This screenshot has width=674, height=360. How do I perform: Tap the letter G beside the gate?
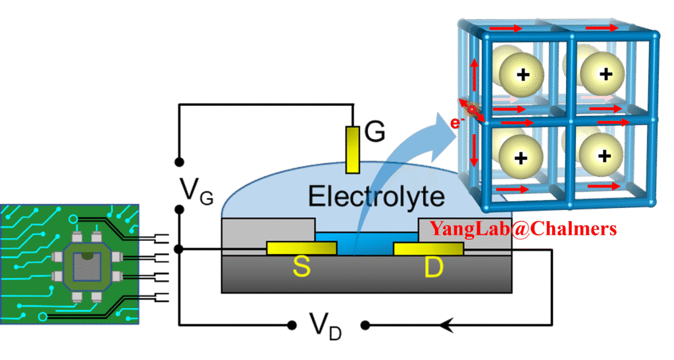pyautogui.click(x=375, y=133)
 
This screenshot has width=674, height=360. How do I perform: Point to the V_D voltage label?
pyautogui.click(x=326, y=324)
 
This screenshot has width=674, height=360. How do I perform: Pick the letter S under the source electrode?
pyautogui.click(x=301, y=268)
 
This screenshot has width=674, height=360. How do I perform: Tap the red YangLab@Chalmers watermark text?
pyautogui.click(x=524, y=229)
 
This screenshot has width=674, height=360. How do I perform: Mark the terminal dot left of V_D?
pyautogui.click(x=292, y=324)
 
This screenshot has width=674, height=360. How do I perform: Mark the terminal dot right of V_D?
pyautogui.click(x=363, y=324)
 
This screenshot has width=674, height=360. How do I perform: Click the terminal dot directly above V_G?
pyautogui.click(x=179, y=161)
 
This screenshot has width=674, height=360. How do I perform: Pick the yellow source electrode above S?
pyautogui.click(x=301, y=248)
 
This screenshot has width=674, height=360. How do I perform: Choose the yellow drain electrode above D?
pyautogui.click(x=428, y=248)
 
